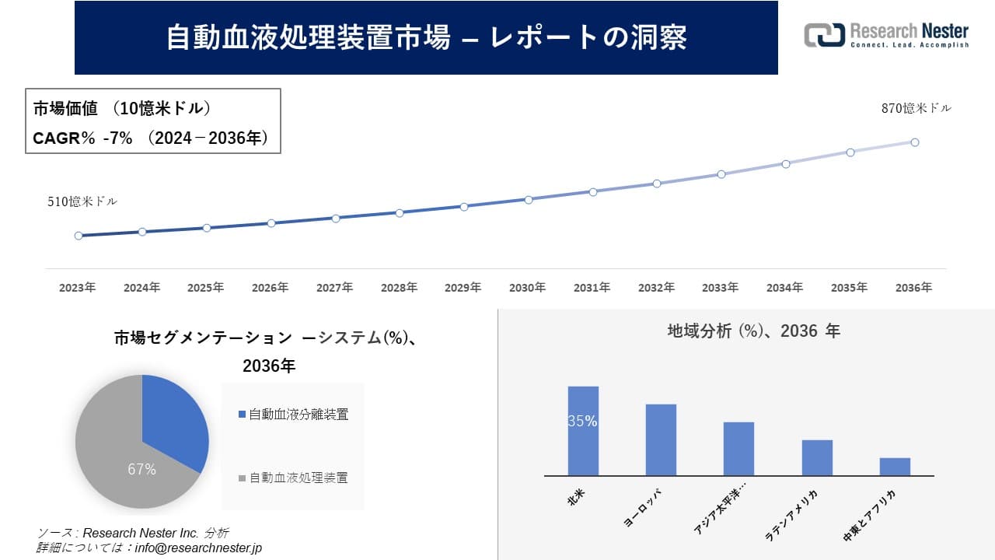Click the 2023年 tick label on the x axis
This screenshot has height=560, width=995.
(78, 288)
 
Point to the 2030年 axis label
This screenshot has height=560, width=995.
(527, 288)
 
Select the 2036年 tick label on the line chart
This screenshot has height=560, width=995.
(913, 288)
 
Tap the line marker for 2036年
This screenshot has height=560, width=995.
(915, 142)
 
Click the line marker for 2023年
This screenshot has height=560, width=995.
(79, 236)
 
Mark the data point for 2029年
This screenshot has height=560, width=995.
(464, 207)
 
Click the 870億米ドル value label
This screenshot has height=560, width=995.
(916, 109)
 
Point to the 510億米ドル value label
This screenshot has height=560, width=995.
(82, 201)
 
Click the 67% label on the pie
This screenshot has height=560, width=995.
(141, 470)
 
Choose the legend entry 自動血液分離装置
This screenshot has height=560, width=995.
(298, 415)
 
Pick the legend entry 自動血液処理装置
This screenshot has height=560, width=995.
(298, 478)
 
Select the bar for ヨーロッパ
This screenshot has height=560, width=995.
(661, 439)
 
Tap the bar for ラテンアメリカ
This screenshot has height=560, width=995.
(817, 457)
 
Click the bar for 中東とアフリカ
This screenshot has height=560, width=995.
(895, 467)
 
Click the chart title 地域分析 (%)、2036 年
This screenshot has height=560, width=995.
(753, 331)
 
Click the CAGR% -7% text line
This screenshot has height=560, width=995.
(151, 138)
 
